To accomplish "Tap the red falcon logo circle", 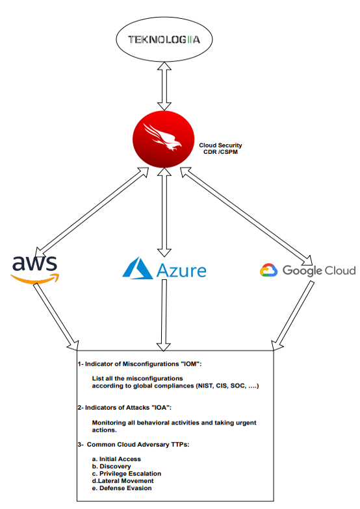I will coord(159,138).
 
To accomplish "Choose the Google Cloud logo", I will coord(307,270).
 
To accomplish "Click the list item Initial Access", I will coord(118,459).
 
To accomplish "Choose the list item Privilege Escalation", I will coord(126,473).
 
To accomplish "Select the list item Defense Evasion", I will coord(122,488).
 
